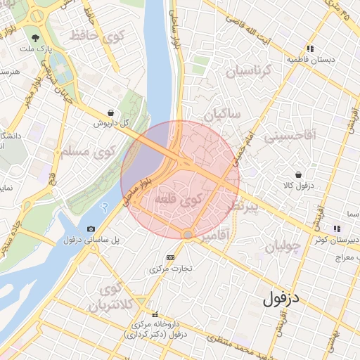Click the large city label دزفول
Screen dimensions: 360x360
click(282, 297)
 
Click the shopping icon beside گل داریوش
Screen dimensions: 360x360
click(111, 112)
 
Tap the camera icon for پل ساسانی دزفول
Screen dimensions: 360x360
click(91, 229)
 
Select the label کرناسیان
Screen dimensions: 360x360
click(247, 71)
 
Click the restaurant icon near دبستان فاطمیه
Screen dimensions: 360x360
click(311, 49)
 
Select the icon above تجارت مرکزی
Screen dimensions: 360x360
click(169, 257)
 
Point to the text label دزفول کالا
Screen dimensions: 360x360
click(297, 186)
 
